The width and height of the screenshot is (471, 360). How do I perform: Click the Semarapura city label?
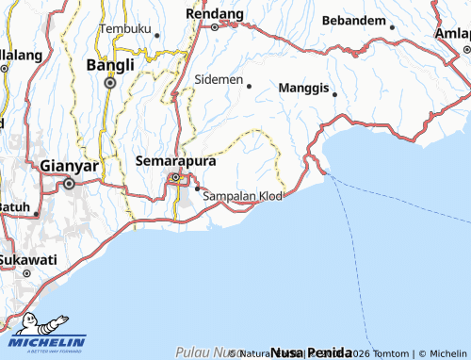coord(176,161)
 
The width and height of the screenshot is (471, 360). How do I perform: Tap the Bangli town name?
coord(110,65)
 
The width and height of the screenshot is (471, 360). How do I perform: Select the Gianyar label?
coord(70,166)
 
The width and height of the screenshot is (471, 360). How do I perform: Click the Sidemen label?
coord(219,79)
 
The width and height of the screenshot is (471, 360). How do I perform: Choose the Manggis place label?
coord(304,88)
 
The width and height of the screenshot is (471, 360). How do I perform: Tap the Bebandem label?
coord(353,20)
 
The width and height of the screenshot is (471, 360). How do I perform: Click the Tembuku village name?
coord(124,28)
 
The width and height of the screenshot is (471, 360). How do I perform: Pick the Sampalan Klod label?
coord(243,195)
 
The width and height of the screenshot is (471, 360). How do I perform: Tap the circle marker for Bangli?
coord(110,83)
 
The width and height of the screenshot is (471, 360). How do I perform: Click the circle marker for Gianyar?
coord(69,184)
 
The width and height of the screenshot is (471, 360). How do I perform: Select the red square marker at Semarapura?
coord(174,176)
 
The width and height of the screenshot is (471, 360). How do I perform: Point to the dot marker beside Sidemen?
coord(250,86)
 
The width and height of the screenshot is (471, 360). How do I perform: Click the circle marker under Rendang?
coord(214,27)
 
